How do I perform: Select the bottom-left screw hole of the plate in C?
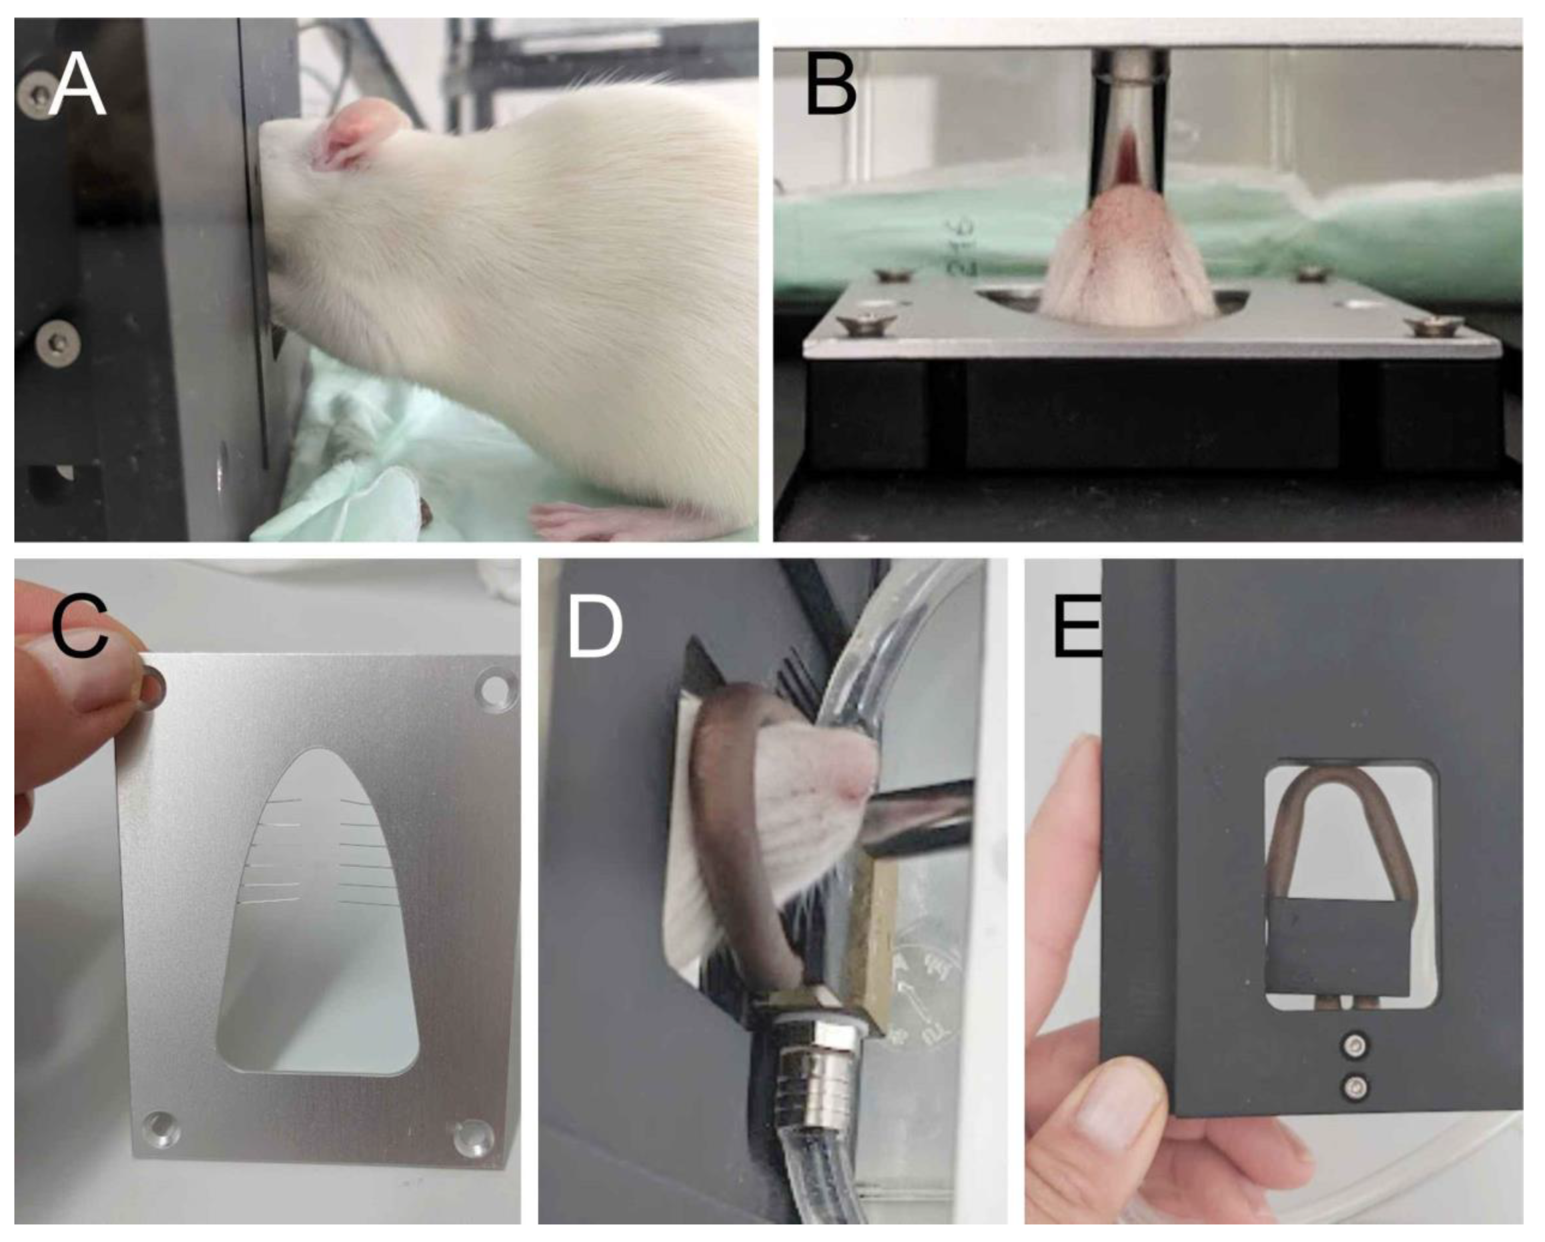[x=159, y=1128]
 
